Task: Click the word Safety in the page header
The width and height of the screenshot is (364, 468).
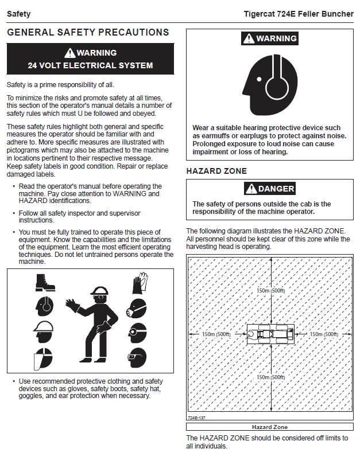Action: [18, 14]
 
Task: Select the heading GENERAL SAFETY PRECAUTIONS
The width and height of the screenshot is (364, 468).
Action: [88, 33]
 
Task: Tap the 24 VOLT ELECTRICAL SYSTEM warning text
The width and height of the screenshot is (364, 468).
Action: [90, 65]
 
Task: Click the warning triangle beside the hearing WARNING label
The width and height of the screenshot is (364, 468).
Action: [248, 39]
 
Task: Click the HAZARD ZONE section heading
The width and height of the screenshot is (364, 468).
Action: [216, 171]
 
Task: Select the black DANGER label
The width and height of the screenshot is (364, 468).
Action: [270, 189]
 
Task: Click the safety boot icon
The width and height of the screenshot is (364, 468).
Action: [44, 283]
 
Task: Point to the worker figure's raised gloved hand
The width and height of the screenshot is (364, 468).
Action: [73, 304]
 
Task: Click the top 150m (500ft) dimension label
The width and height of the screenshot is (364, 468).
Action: [271, 291]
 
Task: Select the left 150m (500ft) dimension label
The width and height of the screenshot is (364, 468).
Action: [215, 334]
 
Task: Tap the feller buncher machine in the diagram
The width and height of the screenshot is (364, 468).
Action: [270, 334]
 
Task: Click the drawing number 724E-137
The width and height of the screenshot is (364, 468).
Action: [196, 418]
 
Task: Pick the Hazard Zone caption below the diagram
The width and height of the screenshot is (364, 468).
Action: [270, 427]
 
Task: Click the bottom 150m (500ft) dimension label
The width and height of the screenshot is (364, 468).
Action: [271, 377]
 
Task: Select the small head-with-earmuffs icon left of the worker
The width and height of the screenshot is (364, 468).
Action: [44, 308]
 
